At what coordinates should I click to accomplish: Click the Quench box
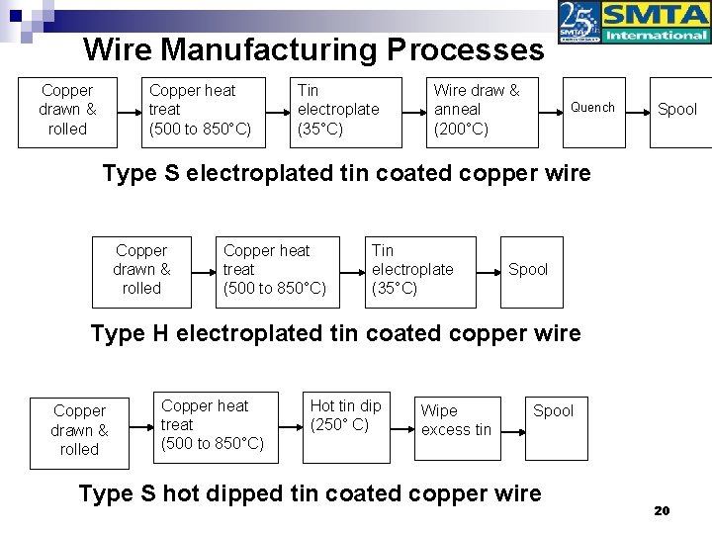coord(592,109)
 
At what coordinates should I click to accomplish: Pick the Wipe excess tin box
coord(456,420)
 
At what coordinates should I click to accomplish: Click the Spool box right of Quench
coord(677,110)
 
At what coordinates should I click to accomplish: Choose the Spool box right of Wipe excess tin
coord(553,420)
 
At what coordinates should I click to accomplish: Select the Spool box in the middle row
coord(528,270)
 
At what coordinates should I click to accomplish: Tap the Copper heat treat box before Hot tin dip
coord(212,424)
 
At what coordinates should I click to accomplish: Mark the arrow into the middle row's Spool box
coord(488,270)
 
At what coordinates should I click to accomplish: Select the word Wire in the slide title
coord(119,49)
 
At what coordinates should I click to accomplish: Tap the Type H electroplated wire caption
coord(335,333)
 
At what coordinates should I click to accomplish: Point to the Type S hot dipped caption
coord(310,492)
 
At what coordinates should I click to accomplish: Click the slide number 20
coord(662,510)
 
